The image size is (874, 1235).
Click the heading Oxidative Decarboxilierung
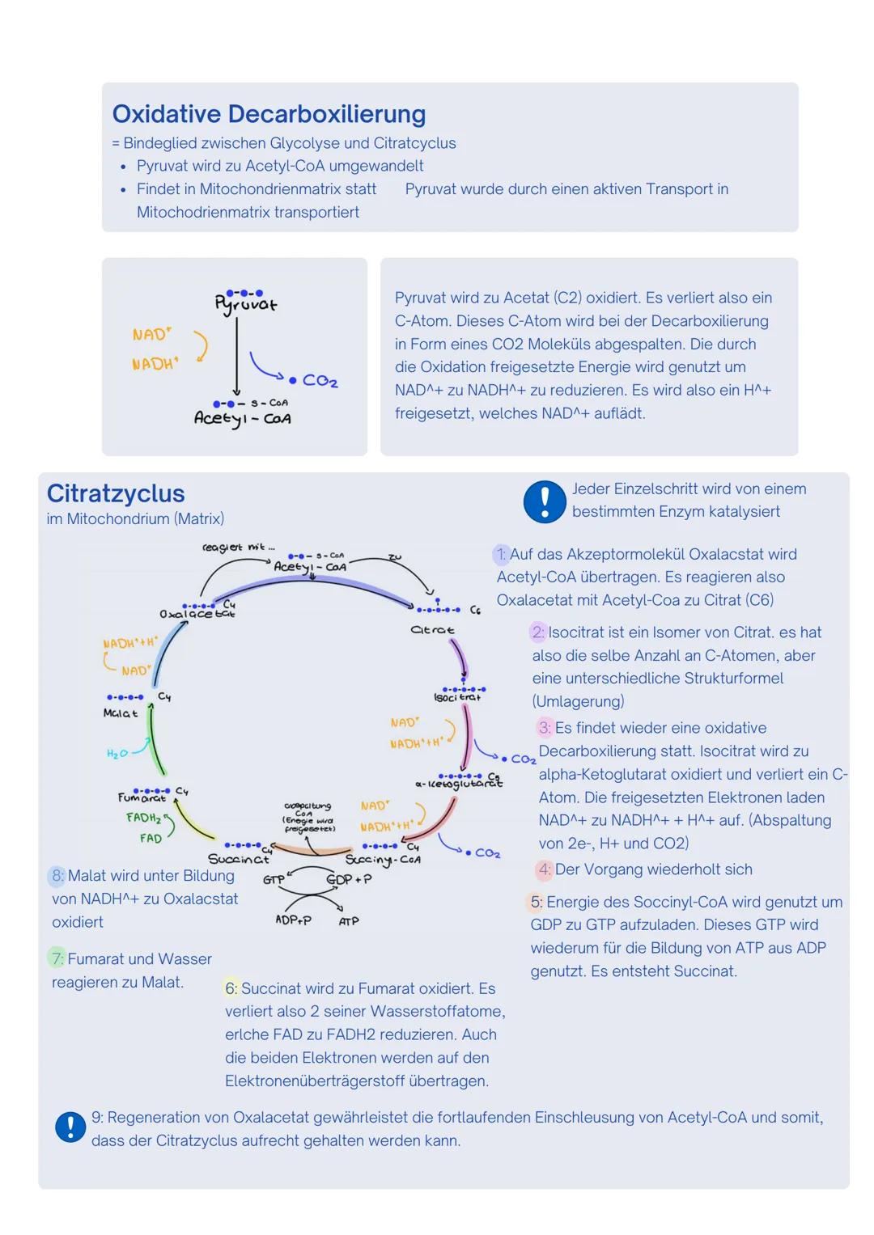[x=269, y=114]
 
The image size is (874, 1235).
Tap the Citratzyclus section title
[x=116, y=493]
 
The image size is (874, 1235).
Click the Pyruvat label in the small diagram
[x=245, y=305]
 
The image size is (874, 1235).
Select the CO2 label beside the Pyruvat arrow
[x=320, y=381]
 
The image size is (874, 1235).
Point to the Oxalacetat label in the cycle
[x=197, y=614]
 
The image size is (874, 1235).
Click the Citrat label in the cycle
[x=432, y=629]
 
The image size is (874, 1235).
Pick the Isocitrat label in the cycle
[x=457, y=697]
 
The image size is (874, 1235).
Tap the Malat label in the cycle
[x=121, y=713]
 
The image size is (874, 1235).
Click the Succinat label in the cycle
[x=238, y=859]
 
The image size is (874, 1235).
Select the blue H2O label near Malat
[x=117, y=754]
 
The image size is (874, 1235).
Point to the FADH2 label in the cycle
[x=143, y=818]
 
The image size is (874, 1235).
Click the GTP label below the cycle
[x=274, y=879]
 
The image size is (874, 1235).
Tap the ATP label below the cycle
[x=349, y=921]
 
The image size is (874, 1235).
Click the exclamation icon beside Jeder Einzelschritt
[x=545, y=501]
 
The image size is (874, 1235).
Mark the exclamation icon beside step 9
[x=70, y=1127]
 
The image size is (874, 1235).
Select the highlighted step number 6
[x=231, y=988]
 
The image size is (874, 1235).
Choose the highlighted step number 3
[x=545, y=728]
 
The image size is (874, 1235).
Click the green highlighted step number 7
[x=57, y=958]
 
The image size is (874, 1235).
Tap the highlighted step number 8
[x=57, y=875]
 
